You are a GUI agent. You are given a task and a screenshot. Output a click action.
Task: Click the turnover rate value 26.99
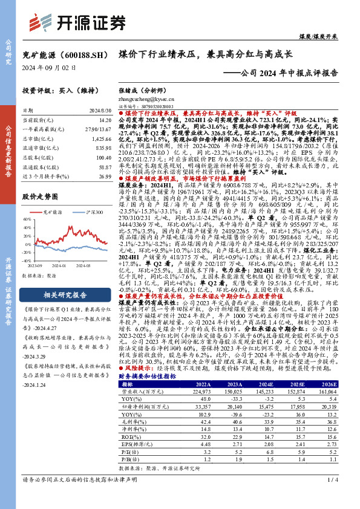coord(105,177)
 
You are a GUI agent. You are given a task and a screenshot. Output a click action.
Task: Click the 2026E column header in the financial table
coord(327,384)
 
